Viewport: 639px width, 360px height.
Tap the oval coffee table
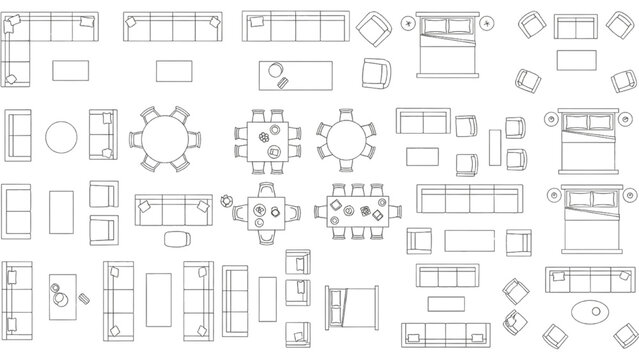(x=589, y=311)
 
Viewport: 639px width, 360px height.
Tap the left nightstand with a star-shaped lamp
(x=408, y=23)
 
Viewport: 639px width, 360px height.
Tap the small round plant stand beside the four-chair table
(x=228, y=199)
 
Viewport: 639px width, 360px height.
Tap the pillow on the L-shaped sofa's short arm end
(x=13, y=78)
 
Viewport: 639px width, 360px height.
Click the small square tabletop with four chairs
(x=266, y=212)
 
